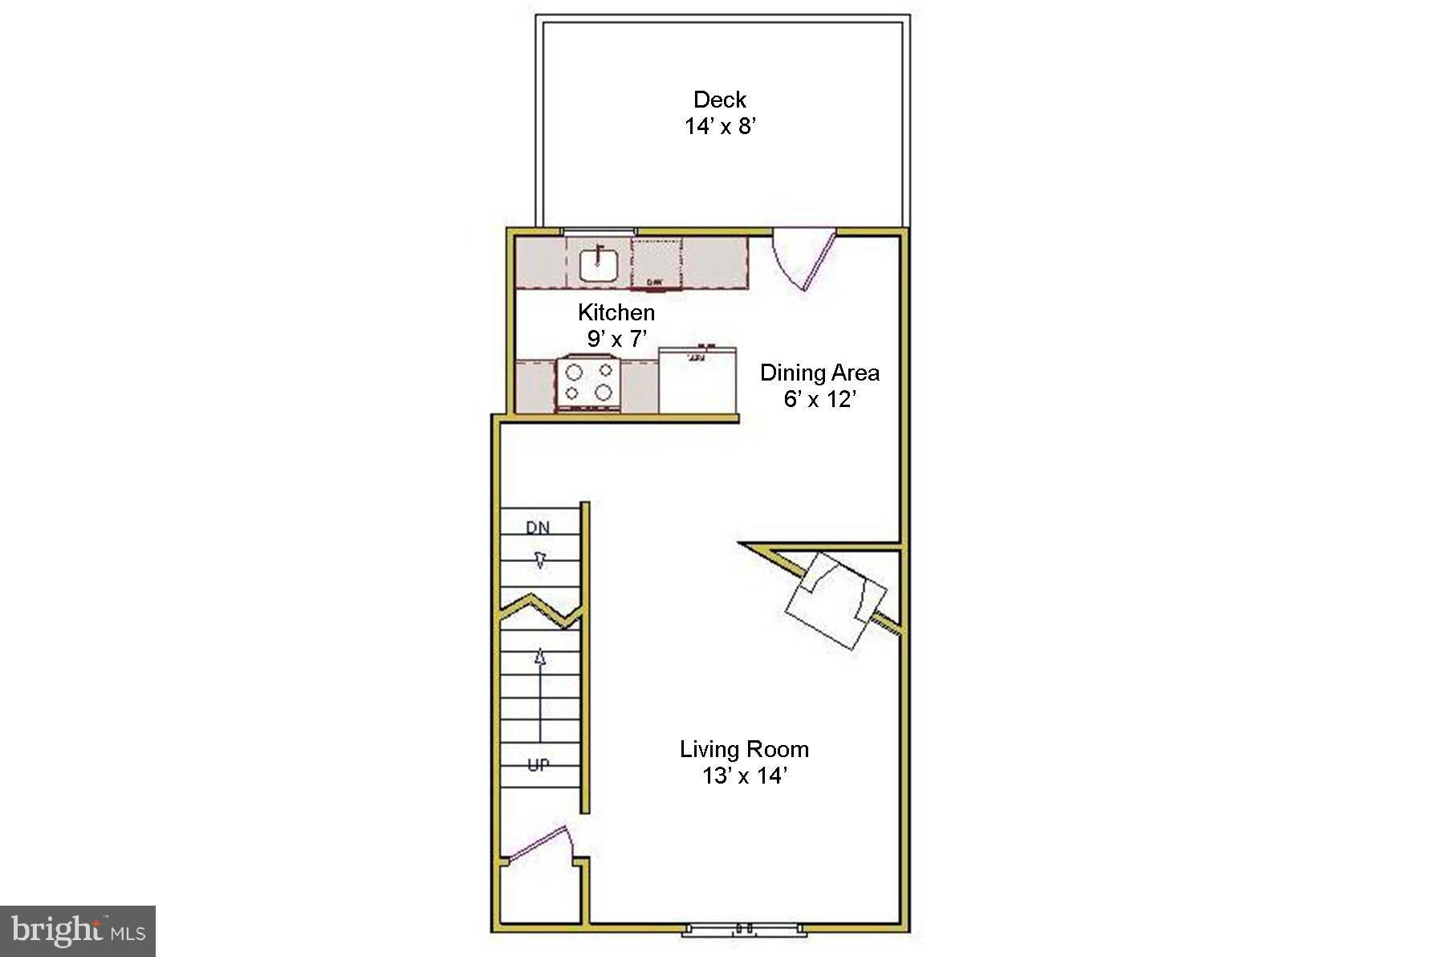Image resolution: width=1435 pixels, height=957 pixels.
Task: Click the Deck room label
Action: pos(720,100)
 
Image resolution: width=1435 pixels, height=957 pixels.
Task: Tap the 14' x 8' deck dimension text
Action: pos(720,126)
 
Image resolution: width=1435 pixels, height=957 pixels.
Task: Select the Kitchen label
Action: pos(616,312)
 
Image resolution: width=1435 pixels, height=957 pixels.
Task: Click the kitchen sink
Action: pos(599,263)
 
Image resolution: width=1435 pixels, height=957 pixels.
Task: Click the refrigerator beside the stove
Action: pos(697,381)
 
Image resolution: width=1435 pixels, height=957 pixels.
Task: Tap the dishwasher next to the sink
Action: pos(657,263)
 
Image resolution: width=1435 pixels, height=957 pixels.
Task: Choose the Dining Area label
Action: pos(819,373)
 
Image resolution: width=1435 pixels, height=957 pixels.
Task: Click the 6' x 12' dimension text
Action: pos(819,399)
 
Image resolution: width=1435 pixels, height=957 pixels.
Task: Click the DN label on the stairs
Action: pos(539,527)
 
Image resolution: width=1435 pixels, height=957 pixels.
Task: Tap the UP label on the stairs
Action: pos(539,765)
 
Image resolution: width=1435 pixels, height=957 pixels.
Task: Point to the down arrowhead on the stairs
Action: pos(540,560)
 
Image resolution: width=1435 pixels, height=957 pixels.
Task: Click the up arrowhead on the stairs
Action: pos(540,658)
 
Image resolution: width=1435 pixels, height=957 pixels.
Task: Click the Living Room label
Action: pos(744,749)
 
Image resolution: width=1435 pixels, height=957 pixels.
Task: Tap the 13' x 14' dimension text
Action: pos(744,776)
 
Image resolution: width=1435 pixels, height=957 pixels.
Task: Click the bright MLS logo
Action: pos(78,931)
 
